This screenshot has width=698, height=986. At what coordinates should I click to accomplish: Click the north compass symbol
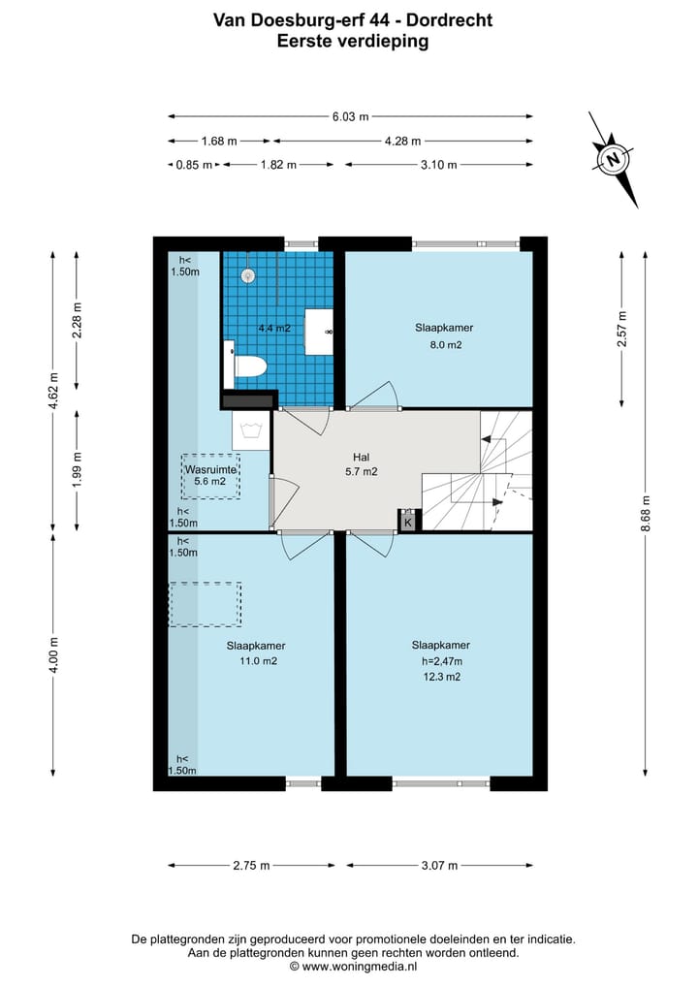click(x=613, y=159)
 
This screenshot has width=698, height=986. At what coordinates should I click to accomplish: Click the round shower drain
click(x=249, y=275)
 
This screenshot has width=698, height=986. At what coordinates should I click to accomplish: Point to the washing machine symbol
click(x=251, y=430)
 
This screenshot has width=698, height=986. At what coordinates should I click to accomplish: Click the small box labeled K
click(x=407, y=522)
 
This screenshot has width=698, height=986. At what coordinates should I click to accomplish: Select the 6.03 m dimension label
click(x=350, y=116)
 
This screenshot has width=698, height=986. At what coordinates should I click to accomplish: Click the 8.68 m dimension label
click(x=646, y=513)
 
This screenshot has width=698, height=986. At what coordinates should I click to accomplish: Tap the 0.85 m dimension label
click(x=194, y=165)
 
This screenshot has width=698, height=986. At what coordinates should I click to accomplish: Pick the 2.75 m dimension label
click(x=251, y=865)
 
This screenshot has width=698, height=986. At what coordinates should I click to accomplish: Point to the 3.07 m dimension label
click(x=439, y=865)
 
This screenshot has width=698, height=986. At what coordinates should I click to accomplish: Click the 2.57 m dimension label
click(x=622, y=329)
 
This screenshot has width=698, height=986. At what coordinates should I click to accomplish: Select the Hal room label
click(x=361, y=458)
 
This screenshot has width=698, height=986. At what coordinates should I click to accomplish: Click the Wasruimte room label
click(x=210, y=470)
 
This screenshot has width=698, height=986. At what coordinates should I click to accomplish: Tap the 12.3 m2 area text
click(x=441, y=677)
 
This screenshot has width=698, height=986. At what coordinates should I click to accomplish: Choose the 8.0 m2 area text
click(x=447, y=344)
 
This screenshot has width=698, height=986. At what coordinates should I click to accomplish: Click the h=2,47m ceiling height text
click(x=441, y=661)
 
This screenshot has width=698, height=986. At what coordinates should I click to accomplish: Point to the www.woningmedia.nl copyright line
click(x=353, y=967)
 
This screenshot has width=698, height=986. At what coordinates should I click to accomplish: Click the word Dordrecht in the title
click(x=449, y=20)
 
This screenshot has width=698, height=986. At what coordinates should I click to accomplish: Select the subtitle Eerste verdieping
click(x=353, y=42)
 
